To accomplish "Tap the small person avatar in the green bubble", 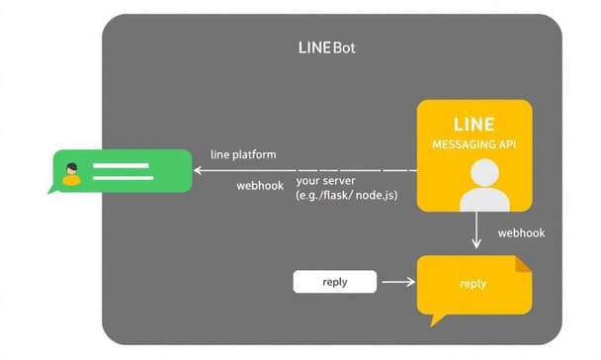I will coord(71,172).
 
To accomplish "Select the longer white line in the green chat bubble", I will coord(121,166).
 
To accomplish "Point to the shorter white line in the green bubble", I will coord(113,179).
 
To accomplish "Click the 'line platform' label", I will coord(243,155).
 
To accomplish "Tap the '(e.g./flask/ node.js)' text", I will coord(346,196).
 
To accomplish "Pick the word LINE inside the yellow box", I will coord(472,125).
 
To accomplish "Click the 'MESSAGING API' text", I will coord(472,144).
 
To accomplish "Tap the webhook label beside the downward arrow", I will coord(521,233).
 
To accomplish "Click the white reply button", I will coord(334,282).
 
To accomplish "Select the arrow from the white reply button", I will coord(397,282).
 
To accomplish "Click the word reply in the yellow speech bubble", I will coord(472,284).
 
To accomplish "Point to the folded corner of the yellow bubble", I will coord(523,263).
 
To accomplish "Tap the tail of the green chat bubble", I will coord(53,189).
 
